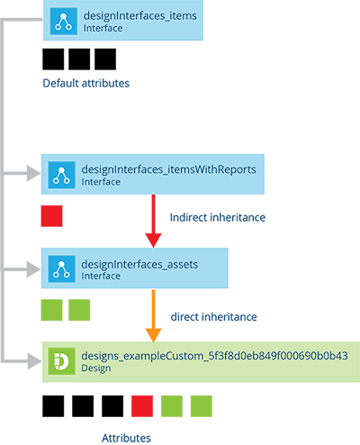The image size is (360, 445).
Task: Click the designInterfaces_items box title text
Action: pyautogui.click(x=140, y=16)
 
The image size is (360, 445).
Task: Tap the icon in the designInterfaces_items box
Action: pyautogui.click(x=64, y=22)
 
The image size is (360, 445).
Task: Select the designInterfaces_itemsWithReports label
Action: pyautogui.click(x=168, y=169)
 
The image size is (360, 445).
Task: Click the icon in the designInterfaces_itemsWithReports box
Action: pyautogui.click(x=61, y=175)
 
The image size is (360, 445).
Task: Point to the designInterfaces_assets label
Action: pyautogui.click(x=139, y=265)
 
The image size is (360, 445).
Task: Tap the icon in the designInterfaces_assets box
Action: pyautogui.click(x=61, y=269)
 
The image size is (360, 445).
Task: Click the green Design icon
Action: pyautogui.click(x=61, y=361)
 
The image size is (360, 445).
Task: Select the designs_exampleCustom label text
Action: pyautogui.click(x=214, y=356)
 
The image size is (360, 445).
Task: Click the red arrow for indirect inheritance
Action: pyautogui.click(x=153, y=221)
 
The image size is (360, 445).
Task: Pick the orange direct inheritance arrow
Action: pyautogui.click(x=153, y=316)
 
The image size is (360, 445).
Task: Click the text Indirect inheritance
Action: pyautogui.click(x=218, y=217)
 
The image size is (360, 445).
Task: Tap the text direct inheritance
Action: pyautogui.click(x=213, y=317)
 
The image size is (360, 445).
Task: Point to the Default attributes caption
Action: pyautogui.click(x=86, y=83)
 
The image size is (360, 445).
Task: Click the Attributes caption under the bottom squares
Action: pyautogui.click(x=126, y=438)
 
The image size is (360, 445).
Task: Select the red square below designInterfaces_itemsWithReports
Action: pyautogui.click(x=51, y=216)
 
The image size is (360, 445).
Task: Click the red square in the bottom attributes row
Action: pyautogui.click(x=142, y=406)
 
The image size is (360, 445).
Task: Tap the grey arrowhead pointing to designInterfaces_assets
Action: pyautogui.click(x=33, y=269)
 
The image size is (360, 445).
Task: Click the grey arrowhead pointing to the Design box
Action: pyautogui.click(x=34, y=361)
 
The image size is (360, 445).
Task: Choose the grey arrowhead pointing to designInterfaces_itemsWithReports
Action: pyautogui.click(x=33, y=173)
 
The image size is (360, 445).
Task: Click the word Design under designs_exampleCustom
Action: pyautogui.click(x=96, y=368)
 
